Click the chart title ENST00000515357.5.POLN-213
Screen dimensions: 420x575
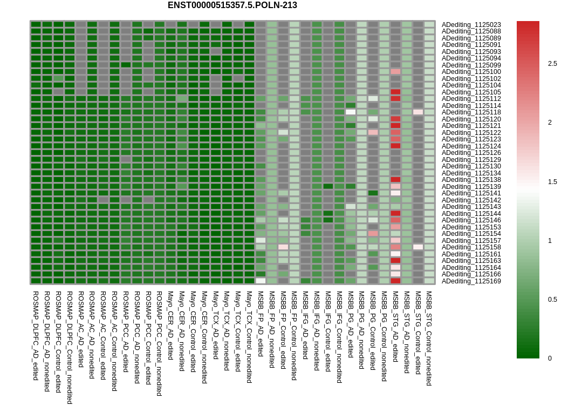point(232,5)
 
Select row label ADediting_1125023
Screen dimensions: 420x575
point(471,24)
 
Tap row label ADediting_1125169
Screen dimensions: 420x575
point(471,281)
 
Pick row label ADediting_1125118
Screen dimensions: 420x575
point(471,112)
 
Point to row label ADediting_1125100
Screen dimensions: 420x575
point(471,72)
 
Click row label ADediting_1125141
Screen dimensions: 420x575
point(471,193)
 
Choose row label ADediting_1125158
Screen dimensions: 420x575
point(471,247)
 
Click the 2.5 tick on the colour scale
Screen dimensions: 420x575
point(552,64)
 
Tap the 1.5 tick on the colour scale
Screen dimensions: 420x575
point(552,182)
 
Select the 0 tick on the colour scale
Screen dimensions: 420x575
point(550,358)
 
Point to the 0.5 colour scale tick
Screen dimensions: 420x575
point(552,300)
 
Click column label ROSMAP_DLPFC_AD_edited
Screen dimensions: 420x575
point(36,335)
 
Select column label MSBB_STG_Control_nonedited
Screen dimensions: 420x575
point(429,338)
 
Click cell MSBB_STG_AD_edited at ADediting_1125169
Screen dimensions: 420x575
point(395,281)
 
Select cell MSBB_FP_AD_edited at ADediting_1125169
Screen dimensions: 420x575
point(261,281)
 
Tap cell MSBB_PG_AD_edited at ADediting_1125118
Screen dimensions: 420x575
point(351,112)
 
